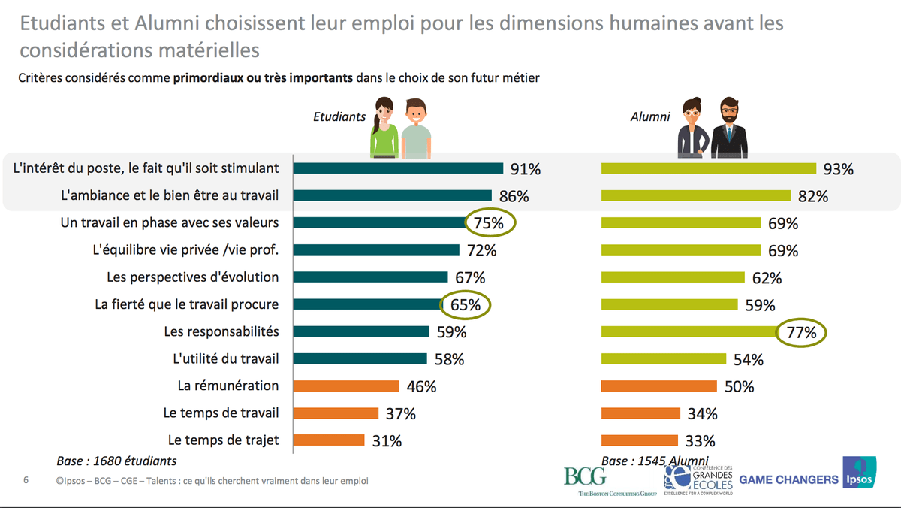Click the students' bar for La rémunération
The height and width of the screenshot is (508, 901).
click(x=345, y=386)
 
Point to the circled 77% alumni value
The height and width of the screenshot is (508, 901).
click(x=800, y=333)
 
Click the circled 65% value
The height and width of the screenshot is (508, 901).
click(x=466, y=305)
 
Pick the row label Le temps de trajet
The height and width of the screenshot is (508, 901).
click(x=223, y=440)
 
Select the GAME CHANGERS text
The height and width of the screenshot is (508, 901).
click(x=788, y=479)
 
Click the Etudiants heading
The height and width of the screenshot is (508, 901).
click(x=339, y=116)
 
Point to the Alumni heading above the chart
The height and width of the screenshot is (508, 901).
click(x=649, y=116)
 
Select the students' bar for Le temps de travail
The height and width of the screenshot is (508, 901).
click(x=336, y=413)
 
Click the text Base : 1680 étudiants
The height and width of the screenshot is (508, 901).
click(x=116, y=461)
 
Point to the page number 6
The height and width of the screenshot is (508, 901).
click(x=26, y=480)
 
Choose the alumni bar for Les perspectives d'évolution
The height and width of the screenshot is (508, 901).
click(x=673, y=277)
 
